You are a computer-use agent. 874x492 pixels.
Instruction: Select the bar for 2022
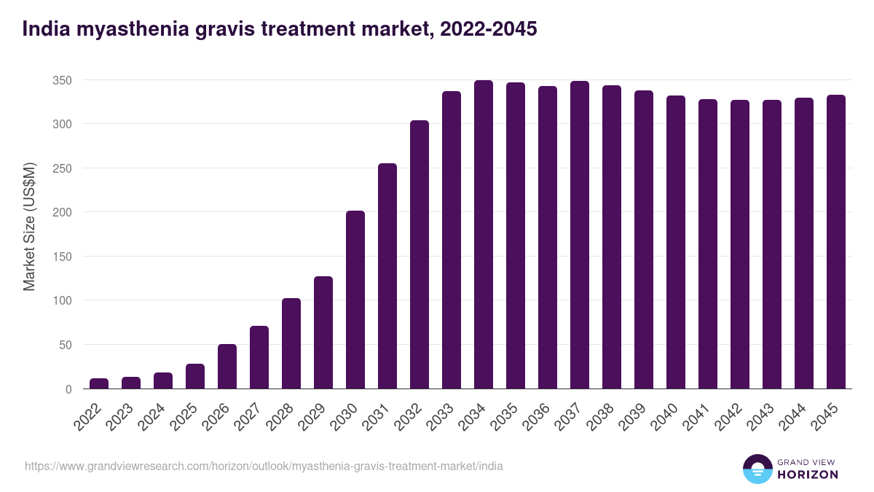click(99, 383)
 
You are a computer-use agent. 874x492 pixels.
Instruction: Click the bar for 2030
click(355, 300)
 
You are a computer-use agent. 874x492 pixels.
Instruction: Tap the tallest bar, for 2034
click(484, 235)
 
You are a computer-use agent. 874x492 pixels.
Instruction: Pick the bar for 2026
click(227, 366)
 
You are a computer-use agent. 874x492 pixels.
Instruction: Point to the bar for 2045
click(836, 242)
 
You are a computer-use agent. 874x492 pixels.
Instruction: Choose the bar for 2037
click(580, 235)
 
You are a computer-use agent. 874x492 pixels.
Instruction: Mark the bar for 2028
click(291, 343)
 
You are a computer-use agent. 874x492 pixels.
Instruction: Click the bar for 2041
click(708, 244)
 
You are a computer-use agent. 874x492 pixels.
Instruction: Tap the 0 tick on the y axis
click(68, 389)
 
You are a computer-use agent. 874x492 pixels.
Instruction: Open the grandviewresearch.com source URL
click(264, 466)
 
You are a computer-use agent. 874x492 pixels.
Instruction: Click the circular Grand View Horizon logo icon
click(757, 469)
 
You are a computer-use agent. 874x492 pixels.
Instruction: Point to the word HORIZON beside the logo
click(807, 475)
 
